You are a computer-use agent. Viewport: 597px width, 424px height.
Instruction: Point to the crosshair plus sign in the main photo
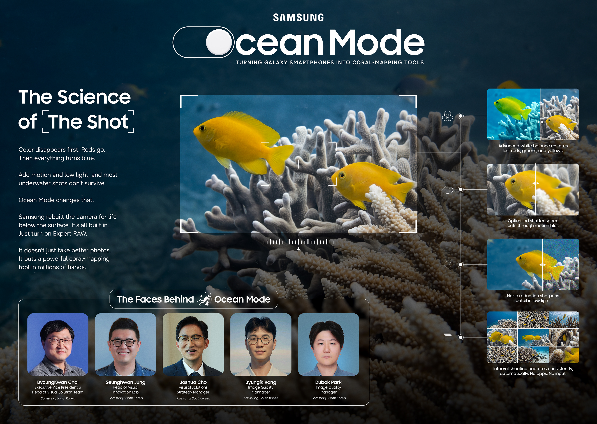(298, 164)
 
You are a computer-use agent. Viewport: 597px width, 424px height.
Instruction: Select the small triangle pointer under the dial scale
(298, 249)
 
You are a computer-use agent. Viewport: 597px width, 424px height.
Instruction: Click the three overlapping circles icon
(447, 116)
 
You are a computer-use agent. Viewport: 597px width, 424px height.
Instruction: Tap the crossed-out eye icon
(447, 189)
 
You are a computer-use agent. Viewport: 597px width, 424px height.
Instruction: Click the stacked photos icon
(447, 337)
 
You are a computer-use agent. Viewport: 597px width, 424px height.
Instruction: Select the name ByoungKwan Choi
(58, 382)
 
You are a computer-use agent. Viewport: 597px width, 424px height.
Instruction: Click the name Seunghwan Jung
(125, 382)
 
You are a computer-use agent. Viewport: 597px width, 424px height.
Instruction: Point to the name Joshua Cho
(193, 382)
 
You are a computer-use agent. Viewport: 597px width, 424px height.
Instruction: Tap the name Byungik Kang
(261, 382)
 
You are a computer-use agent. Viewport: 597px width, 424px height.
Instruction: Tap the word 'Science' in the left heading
(94, 97)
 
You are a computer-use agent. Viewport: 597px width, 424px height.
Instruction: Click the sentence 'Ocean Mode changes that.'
(56, 200)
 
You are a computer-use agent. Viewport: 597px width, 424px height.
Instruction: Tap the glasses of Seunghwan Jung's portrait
(123, 342)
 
